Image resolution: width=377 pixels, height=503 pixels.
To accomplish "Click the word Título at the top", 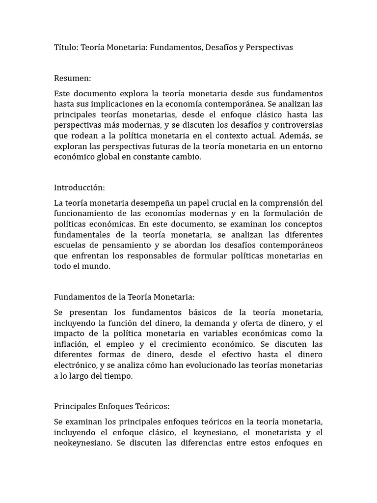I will click(65, 48).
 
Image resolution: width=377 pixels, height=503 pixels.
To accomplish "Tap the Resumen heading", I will click(72, 78).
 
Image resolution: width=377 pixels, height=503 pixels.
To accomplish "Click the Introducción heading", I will click(79, 188).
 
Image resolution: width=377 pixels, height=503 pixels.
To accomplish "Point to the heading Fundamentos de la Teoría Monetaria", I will click(124, 297).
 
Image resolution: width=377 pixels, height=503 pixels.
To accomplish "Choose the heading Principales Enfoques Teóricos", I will click(111, 407).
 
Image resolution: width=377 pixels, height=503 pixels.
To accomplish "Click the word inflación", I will click(71, 344).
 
